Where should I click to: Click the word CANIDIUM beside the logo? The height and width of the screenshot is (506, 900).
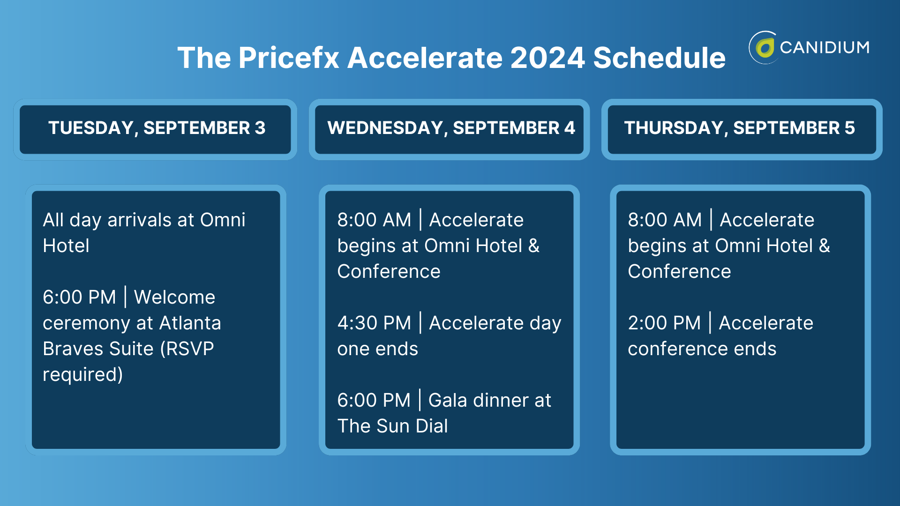coord(825,47)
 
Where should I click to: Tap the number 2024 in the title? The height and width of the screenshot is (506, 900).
coord(547,58)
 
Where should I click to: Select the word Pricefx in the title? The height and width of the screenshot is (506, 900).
coord(289,58)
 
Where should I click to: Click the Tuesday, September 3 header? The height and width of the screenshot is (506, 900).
coord(157,128)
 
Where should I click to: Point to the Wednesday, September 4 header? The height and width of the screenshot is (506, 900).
coord(450,128)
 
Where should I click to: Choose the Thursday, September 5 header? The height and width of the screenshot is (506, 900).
coord(739,128)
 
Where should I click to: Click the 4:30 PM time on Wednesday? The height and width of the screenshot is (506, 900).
coord(374,323)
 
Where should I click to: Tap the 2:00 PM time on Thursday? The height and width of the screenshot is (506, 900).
coord(664,323)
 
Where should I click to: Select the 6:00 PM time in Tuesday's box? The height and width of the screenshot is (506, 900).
coord(79,297)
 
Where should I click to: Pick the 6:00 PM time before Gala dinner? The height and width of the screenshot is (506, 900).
coord(374,400)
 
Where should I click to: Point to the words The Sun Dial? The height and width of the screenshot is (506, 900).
coord(392,426)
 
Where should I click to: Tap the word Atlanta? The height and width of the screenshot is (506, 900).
coord(190,323)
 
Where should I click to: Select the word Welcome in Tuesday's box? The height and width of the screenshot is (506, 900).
coord(174,297)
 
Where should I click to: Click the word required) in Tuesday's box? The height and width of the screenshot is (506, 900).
coord(82,374)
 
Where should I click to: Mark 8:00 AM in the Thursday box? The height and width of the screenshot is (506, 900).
coord(665,220)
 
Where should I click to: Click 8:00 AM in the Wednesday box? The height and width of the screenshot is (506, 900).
coord(374,220)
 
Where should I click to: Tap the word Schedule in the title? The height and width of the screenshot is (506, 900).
coord(659,58)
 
